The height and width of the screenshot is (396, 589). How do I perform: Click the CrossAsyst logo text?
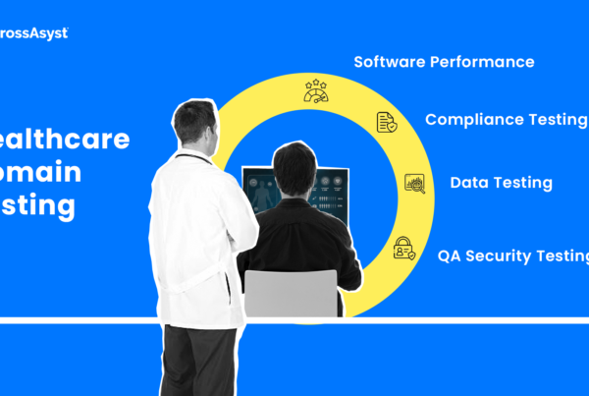(x=33, y=32)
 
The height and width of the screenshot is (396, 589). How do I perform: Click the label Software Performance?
(x=444, y=62)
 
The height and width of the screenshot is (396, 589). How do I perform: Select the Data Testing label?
(x=501, y=183)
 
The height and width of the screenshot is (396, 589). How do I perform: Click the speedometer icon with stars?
(x=315, y=90)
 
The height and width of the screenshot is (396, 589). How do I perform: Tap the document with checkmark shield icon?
(x=387, y=122)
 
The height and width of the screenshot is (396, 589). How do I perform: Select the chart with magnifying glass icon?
(x=414, y=184)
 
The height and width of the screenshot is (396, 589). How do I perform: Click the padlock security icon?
(x=402, y=248)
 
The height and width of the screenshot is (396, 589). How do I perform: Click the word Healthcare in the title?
(x=65, y=140)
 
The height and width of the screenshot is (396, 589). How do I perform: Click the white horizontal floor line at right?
(x=471, y=320)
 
